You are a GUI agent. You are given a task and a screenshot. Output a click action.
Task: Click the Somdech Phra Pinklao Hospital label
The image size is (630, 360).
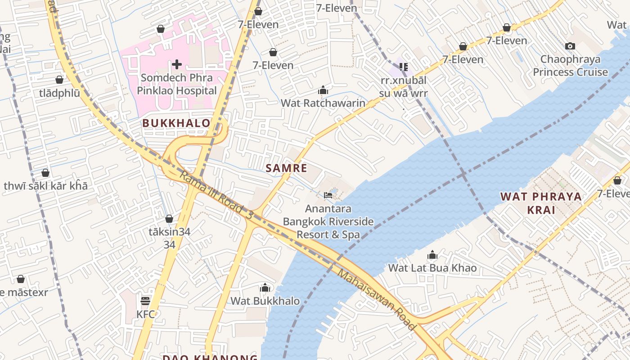(177, 84)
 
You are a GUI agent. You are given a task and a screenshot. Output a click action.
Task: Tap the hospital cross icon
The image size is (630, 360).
(177, 64)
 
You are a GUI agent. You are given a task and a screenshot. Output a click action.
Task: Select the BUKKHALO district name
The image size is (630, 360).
(176, 123)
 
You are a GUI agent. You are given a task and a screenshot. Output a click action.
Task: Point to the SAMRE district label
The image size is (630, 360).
(286, 168)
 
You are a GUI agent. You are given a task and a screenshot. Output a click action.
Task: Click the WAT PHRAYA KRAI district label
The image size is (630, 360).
(541, 203)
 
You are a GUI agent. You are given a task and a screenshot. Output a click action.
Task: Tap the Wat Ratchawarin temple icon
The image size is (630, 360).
(323, 90)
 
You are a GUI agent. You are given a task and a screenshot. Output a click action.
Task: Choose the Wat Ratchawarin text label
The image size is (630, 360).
(323, 103)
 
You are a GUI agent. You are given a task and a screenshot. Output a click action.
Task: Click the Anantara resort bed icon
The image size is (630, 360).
(328, 195)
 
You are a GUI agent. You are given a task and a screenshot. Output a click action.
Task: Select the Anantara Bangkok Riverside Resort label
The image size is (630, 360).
(328, 222)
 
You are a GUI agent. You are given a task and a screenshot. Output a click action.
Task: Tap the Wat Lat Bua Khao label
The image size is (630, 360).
(432, 268)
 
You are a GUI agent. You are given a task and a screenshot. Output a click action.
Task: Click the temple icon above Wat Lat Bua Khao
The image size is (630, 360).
(432, 256)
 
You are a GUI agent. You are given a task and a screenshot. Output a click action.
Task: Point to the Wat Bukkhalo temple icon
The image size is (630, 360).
(265, 288)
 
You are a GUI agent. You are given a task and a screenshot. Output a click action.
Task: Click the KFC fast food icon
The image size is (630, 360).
(145, 301)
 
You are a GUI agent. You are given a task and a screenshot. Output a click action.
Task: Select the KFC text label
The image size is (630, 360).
(145, 314)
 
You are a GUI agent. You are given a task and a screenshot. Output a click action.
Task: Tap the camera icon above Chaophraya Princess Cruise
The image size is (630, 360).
(570, 46)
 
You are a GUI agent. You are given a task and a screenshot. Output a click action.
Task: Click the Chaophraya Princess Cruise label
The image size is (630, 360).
(570, 66)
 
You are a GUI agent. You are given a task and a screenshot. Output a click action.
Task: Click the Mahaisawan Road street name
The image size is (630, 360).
(376, 300)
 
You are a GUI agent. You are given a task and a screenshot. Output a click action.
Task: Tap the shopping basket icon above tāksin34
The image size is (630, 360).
(169, 219)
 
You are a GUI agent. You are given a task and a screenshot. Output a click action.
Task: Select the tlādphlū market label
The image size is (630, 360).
(59, 93)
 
